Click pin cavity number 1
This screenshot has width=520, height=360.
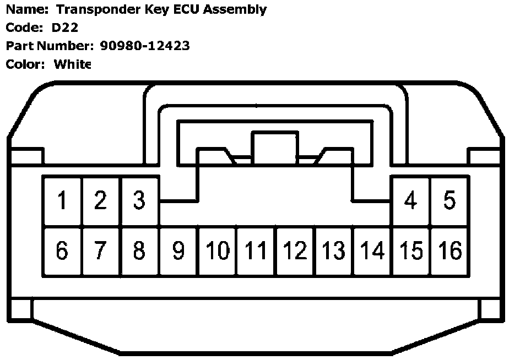pos(62,201)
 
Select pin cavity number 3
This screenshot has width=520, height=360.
pos(139,201)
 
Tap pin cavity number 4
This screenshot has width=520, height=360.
pos(410,201)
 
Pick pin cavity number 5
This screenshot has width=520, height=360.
pos(449,201)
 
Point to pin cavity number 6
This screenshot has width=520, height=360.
pos(62,251)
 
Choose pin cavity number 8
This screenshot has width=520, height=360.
pos(139,251)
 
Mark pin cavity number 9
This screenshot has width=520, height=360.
pos(178,251)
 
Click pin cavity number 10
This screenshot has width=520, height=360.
pos(218,251)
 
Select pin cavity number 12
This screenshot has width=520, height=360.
pos(295,251)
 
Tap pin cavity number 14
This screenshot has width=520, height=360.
pos(372,251)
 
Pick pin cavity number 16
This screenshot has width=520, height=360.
pos(449,251)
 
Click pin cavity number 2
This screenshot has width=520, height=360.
pos(100,201)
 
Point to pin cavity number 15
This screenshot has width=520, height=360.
pos(410,251)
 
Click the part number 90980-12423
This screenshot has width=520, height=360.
pos(145,46)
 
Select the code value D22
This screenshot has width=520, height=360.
pos(66,28)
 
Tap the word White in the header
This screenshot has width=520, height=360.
pos(72,64)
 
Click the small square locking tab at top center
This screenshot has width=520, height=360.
pos(274,146)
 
